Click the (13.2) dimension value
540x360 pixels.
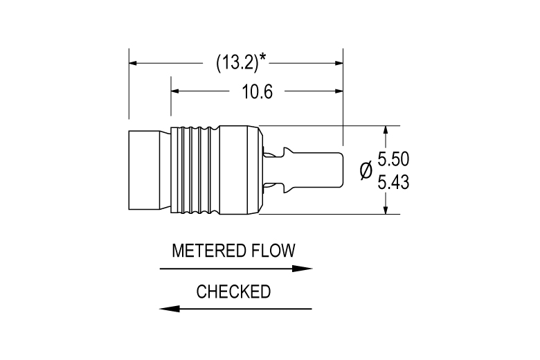[237, 63]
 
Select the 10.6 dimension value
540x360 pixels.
[257, 91]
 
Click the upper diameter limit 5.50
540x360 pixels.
[393, 159]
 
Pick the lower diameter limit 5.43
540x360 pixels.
[393, 182]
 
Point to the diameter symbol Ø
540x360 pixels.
[366, 170]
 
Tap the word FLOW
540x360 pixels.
[273, 251]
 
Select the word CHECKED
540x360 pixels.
[233, 291]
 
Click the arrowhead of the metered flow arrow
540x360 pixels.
[302, 269]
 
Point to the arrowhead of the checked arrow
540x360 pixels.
[170, 309]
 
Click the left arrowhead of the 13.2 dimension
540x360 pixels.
[134, 63]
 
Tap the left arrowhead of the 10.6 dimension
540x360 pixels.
[175, 91]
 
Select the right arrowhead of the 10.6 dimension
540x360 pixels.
[339, 91]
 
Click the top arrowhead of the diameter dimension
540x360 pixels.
[386, 130]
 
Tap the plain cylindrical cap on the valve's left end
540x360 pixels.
[145, 170]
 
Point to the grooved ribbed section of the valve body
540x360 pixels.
[195, 170]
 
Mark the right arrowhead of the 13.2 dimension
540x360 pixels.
[339, 63]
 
